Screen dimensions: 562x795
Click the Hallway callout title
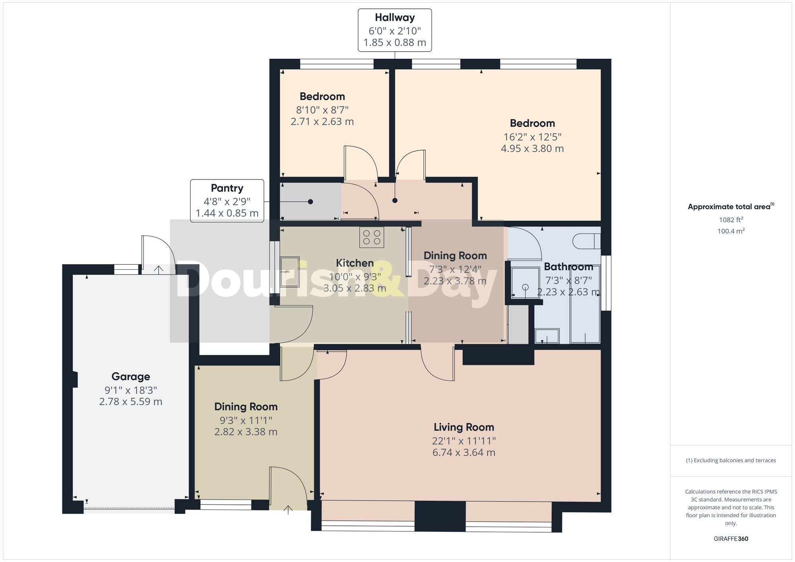point(395,17)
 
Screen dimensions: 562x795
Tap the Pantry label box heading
point(227,188)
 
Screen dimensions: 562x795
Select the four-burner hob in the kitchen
point(372,237)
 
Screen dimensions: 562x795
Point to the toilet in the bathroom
point(586,241)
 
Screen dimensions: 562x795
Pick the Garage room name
point(131,377)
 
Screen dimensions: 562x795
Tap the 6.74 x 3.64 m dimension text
point(464,452)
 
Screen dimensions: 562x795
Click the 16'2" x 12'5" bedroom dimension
point(532,137)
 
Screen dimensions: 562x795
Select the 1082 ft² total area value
point(731,220)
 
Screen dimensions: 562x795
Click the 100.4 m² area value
point(731,231)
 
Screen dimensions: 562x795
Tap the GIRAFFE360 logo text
point(731,539)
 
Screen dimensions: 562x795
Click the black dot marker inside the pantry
point(310,202)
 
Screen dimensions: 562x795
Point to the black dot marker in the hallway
point(395,201)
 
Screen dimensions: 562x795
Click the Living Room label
point(464,427)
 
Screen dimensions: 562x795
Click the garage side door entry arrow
point(159,270)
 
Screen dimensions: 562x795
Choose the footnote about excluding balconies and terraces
point(731,460)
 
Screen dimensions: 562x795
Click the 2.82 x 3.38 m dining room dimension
point(246,432)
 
